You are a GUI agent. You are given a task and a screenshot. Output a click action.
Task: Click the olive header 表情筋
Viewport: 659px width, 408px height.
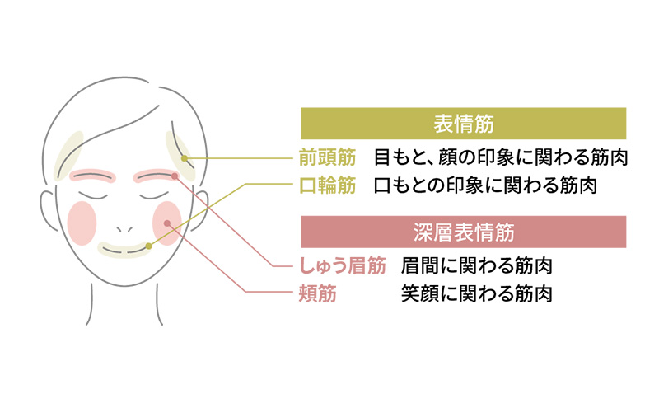(x=463, y=124)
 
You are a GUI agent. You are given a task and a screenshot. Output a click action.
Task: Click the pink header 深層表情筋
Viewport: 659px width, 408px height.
(x=463, y=232)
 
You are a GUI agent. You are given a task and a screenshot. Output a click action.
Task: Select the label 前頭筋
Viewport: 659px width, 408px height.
(x=328, y=157)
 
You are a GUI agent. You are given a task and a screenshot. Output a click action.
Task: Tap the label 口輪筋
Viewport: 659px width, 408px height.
(x=328, y=185)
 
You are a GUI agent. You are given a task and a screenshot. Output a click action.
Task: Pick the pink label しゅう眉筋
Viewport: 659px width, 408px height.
(x=340, y=265)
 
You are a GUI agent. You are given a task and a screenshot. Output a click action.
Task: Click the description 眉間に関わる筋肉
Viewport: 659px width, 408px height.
(x=476, y=265)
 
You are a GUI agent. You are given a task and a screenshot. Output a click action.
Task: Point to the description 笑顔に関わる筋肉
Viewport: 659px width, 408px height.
(x=476, y=293)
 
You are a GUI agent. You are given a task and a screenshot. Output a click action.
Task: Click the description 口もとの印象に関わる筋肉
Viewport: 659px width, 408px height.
(x=484, y=185)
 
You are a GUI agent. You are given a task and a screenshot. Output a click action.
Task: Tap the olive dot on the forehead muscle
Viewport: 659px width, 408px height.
(x=185, y=157)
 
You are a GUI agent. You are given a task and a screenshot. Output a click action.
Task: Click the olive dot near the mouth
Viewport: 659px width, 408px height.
(x=148, y=245)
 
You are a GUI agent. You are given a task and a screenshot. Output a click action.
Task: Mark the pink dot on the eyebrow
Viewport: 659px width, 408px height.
(x=175, y=176)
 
